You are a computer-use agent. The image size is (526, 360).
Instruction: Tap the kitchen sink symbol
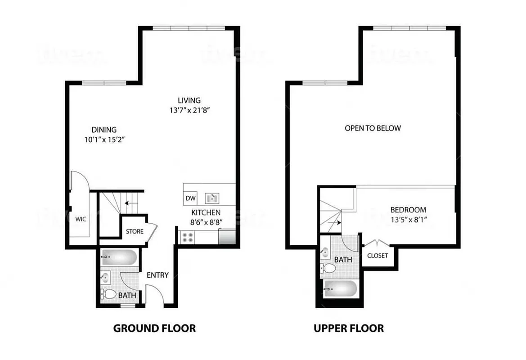tap(211, 198)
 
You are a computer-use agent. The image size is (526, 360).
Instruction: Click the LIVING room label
tap(189, 100)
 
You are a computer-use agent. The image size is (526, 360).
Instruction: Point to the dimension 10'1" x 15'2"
tap(104, 139)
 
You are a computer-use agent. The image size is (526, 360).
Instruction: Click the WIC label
tap(81, 219)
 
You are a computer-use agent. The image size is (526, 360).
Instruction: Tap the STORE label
tap(135, 232)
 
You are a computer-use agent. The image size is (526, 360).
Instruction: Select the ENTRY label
tap(157, 275)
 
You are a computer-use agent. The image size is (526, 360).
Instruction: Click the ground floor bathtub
tap(119, 258)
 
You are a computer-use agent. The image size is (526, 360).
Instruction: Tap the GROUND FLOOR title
tap(154, 328)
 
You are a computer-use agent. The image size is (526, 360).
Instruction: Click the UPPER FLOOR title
tap(349, 328)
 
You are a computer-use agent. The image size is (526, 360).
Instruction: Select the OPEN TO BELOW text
tap(373, 128)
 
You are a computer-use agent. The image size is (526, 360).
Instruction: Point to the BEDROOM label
tap(408, 210)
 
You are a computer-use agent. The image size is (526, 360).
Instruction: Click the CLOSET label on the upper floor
tap(378, 256)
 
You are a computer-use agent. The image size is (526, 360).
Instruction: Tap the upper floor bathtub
tap(341, 288)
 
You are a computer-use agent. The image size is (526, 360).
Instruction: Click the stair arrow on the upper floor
tap(336, 222)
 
